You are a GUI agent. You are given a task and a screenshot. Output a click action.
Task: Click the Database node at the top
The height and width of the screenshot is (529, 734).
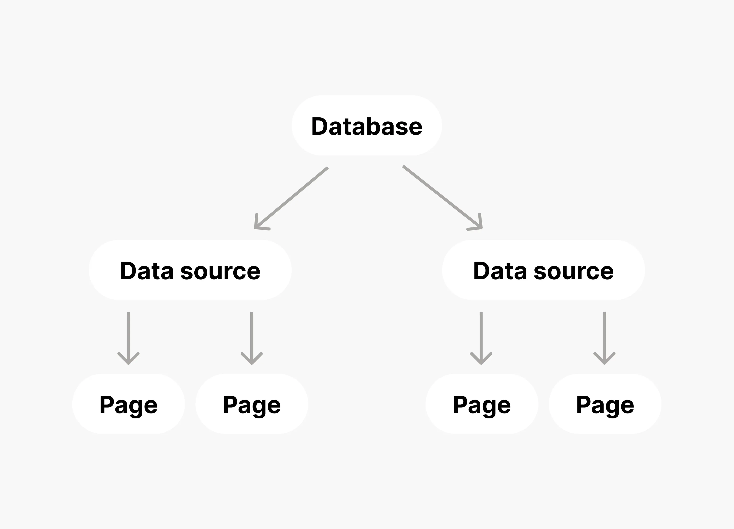pyautogui.click(x=367, y=126)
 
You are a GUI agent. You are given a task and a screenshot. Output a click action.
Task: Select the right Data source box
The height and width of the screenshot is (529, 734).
pyautogui.click(x=543, y=270)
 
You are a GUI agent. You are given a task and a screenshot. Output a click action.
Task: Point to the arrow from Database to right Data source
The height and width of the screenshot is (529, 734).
pyautogui.click(x=442, y=197)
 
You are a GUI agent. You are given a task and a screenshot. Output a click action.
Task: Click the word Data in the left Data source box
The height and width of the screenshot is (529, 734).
pyautogui.click(x=147, y=271)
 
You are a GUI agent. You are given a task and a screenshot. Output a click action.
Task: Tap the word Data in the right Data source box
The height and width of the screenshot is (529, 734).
pyautogui.click(x=500, y=271)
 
